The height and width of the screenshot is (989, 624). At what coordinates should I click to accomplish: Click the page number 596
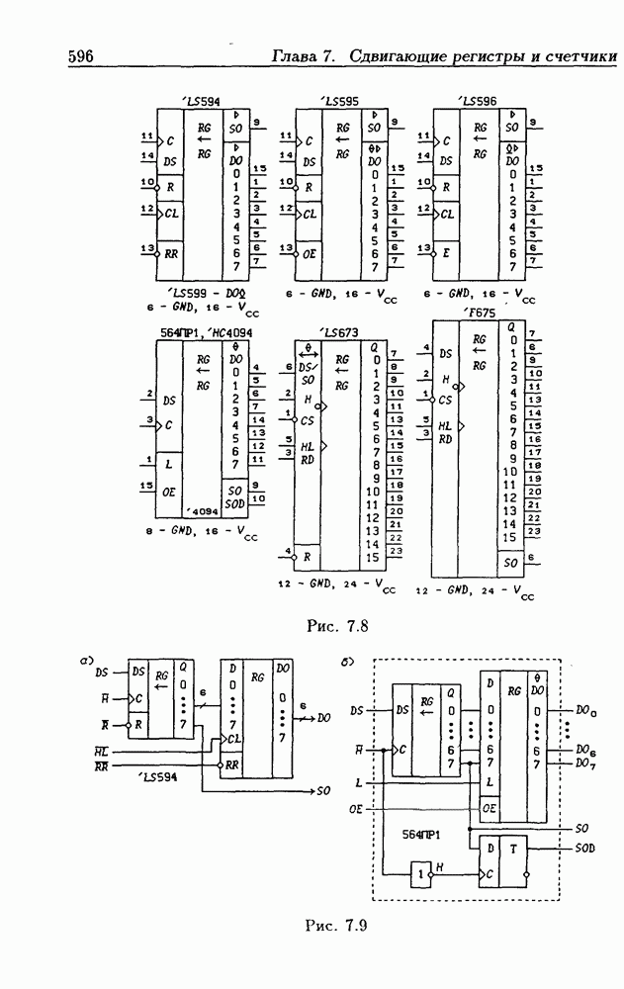[x=80, y=57]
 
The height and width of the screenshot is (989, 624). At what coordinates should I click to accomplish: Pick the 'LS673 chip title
[x=340, y=332]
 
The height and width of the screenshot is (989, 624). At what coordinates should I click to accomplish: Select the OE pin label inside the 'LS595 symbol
[x=310, y=252]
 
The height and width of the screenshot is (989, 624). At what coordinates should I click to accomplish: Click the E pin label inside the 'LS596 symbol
[x=447, y=252]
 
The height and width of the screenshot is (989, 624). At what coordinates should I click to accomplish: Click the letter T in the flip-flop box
[x=514, y=849]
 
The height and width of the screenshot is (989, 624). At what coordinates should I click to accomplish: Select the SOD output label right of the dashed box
[x=587, y=849]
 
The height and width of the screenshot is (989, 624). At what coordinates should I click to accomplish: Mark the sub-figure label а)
[x=88, y=657]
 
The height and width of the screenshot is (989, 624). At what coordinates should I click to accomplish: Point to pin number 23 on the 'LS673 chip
[x=396, y=550]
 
